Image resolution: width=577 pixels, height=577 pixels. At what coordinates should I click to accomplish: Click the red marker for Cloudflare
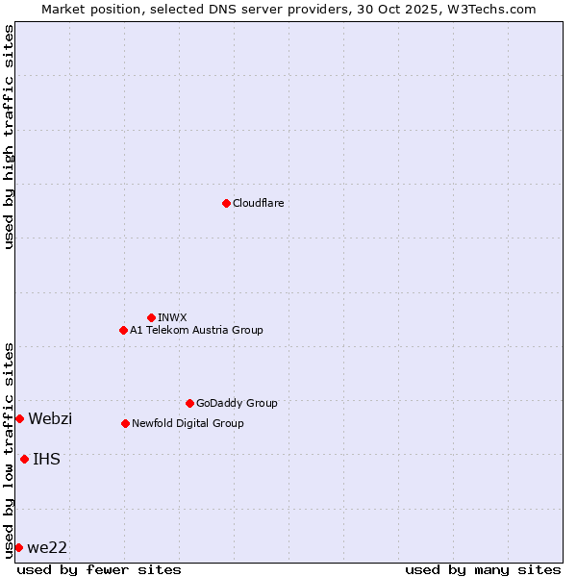pos(226,203)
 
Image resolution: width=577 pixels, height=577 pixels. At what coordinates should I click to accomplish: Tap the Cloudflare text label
pos(258,203)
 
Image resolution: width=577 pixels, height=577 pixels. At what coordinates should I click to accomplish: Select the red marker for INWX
pos(151,317)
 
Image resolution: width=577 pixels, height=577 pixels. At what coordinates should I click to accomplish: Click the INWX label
pos(172,317)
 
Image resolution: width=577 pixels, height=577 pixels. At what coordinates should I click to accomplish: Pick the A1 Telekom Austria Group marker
pos(123,330)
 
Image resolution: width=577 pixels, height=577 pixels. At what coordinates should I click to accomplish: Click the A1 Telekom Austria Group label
pos(196,330)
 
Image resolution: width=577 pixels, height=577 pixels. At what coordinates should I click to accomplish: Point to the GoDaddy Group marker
pos(189,403)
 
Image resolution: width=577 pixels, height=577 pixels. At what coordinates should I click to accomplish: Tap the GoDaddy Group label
pos(237,403)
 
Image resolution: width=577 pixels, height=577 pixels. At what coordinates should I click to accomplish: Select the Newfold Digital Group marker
pos(125,423)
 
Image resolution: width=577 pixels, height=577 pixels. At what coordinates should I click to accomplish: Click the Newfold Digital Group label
pos(188,423)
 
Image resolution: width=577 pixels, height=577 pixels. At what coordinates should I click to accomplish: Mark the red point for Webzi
pos(19,418)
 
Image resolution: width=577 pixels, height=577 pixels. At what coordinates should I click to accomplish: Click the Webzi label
pos(50,418)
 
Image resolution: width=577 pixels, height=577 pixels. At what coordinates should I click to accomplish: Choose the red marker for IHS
pos(24,459)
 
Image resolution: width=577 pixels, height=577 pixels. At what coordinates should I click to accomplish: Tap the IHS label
pos(46,459)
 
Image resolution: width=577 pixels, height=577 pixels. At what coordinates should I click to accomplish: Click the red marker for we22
pos(18,547)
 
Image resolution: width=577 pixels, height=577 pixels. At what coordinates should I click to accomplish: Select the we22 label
pos(47,547)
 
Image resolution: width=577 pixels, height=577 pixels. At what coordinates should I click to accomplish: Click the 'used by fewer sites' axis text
pos(99,569)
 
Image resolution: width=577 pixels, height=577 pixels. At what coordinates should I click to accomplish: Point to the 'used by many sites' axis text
pos(483,569)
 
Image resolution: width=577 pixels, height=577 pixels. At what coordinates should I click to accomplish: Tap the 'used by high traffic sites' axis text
pos(9,137)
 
